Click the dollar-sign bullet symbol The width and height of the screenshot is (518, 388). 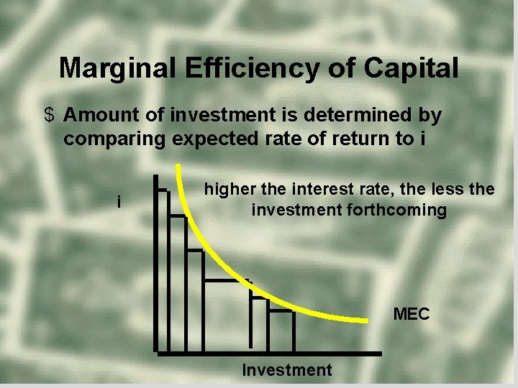click(49, 115)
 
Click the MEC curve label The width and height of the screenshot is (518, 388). click(411, 314)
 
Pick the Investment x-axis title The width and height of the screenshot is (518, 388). click(287, 370)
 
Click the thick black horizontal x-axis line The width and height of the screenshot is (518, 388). click(288, 354)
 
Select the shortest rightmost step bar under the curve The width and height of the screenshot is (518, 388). click(281, 332)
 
